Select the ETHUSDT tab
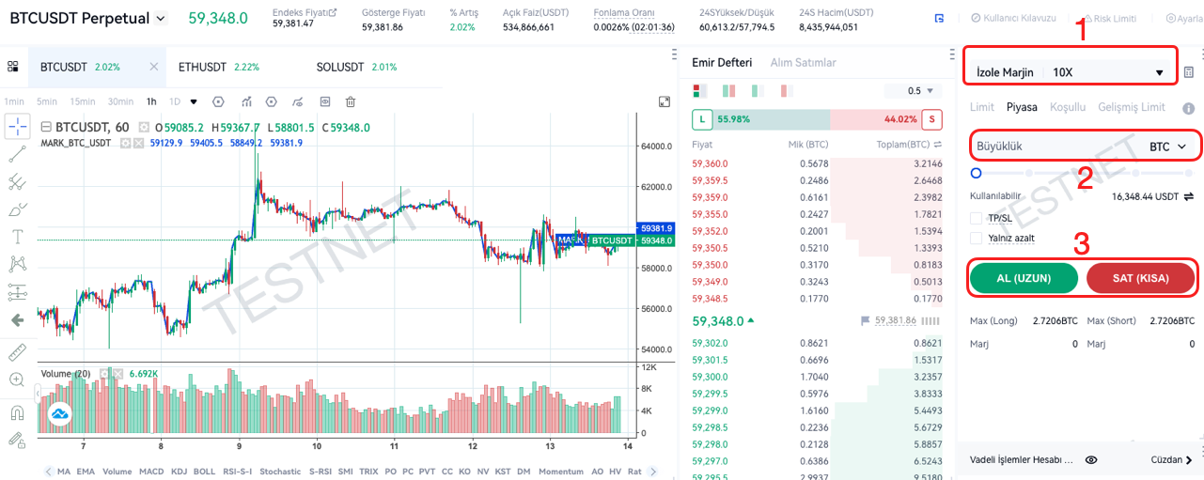tap(202, 67)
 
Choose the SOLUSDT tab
tap(340, 67)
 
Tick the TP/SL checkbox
tap(976, 218)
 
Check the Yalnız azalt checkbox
tap(976, 238)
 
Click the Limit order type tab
tap(981, 107)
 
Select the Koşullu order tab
tap(1068, 107)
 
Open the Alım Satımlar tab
tap(803, 63)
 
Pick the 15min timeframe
tap(82, 101)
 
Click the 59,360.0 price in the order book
tap(710, 163)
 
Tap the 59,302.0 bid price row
tap(710, 344)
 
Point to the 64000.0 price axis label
tap(657, 147)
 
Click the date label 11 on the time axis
tap(395, 446)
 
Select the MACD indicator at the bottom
tap(151, 472)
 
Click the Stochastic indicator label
tap(280, 472)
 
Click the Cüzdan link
tap(1171, 460)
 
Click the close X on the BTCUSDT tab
tap(154, 67)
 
